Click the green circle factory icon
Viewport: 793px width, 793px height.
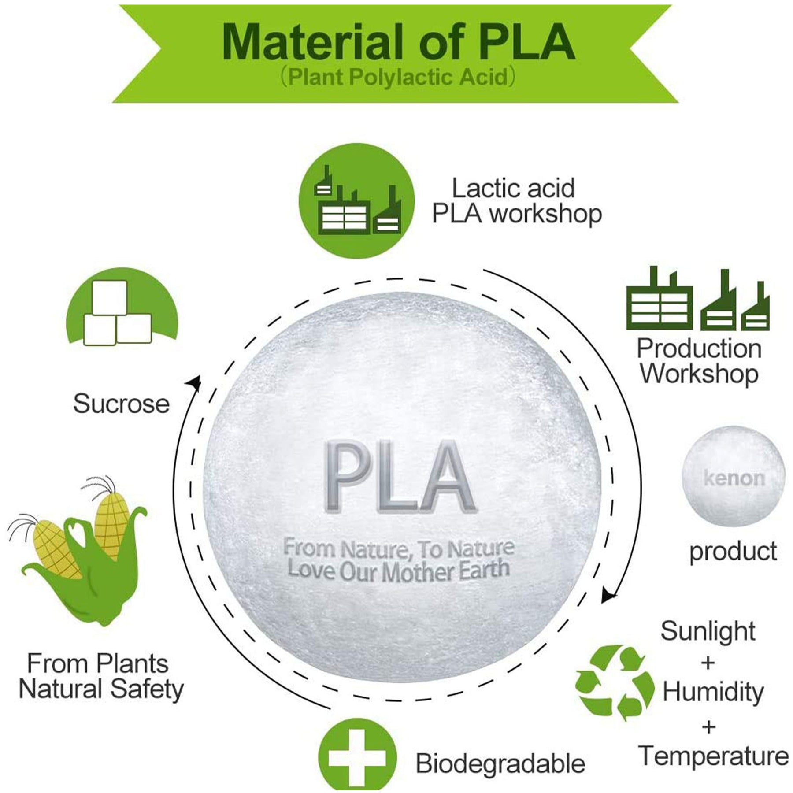(357, 201)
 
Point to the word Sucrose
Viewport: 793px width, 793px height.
(121, 404)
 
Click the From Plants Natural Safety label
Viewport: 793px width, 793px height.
(100, 676)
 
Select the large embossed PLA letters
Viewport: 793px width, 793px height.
(399, 478)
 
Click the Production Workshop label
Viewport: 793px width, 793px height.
(699, 361)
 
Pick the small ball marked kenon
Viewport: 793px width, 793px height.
(734, 477)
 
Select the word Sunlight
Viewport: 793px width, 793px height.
(708, 631)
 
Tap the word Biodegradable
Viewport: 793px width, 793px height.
(500, 763)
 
